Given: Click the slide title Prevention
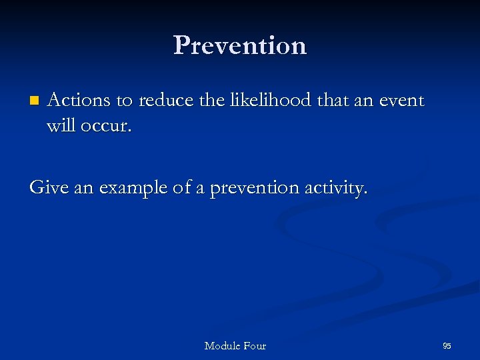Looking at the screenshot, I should pos(240,45).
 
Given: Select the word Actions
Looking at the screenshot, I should pos(79,100).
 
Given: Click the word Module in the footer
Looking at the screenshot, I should pos(223,345).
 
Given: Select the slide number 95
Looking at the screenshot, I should pos(447,345).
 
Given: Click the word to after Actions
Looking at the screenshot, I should pos(124,101).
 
